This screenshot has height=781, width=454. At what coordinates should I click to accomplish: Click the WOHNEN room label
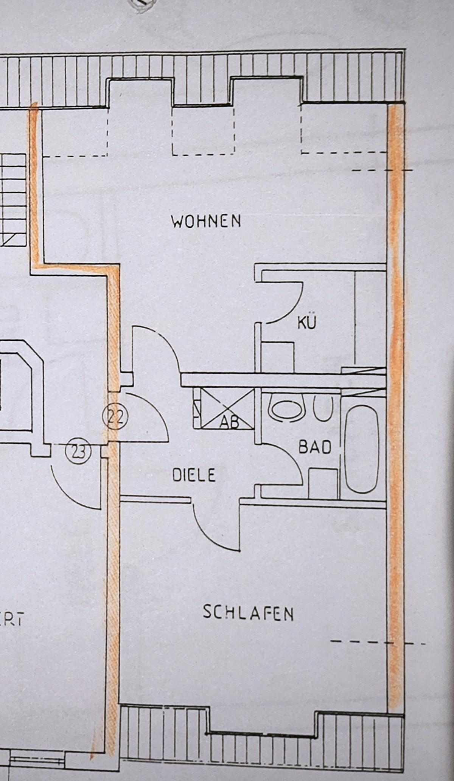point(206,221)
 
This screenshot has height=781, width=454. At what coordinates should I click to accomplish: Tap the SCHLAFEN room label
point(248,613)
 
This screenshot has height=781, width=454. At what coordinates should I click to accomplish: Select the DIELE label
point(194,475)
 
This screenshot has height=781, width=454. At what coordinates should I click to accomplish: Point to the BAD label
point(315,447)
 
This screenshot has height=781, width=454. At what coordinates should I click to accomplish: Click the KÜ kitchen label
point(306,323)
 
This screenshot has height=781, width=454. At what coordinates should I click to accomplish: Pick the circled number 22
point(115,418)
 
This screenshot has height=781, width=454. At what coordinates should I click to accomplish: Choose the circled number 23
point(78,451)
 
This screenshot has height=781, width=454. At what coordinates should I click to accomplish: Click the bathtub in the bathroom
point(362,449)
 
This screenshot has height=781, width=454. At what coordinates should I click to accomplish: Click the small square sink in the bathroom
point(323,483)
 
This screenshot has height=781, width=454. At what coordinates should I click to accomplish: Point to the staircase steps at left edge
point(13,200)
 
